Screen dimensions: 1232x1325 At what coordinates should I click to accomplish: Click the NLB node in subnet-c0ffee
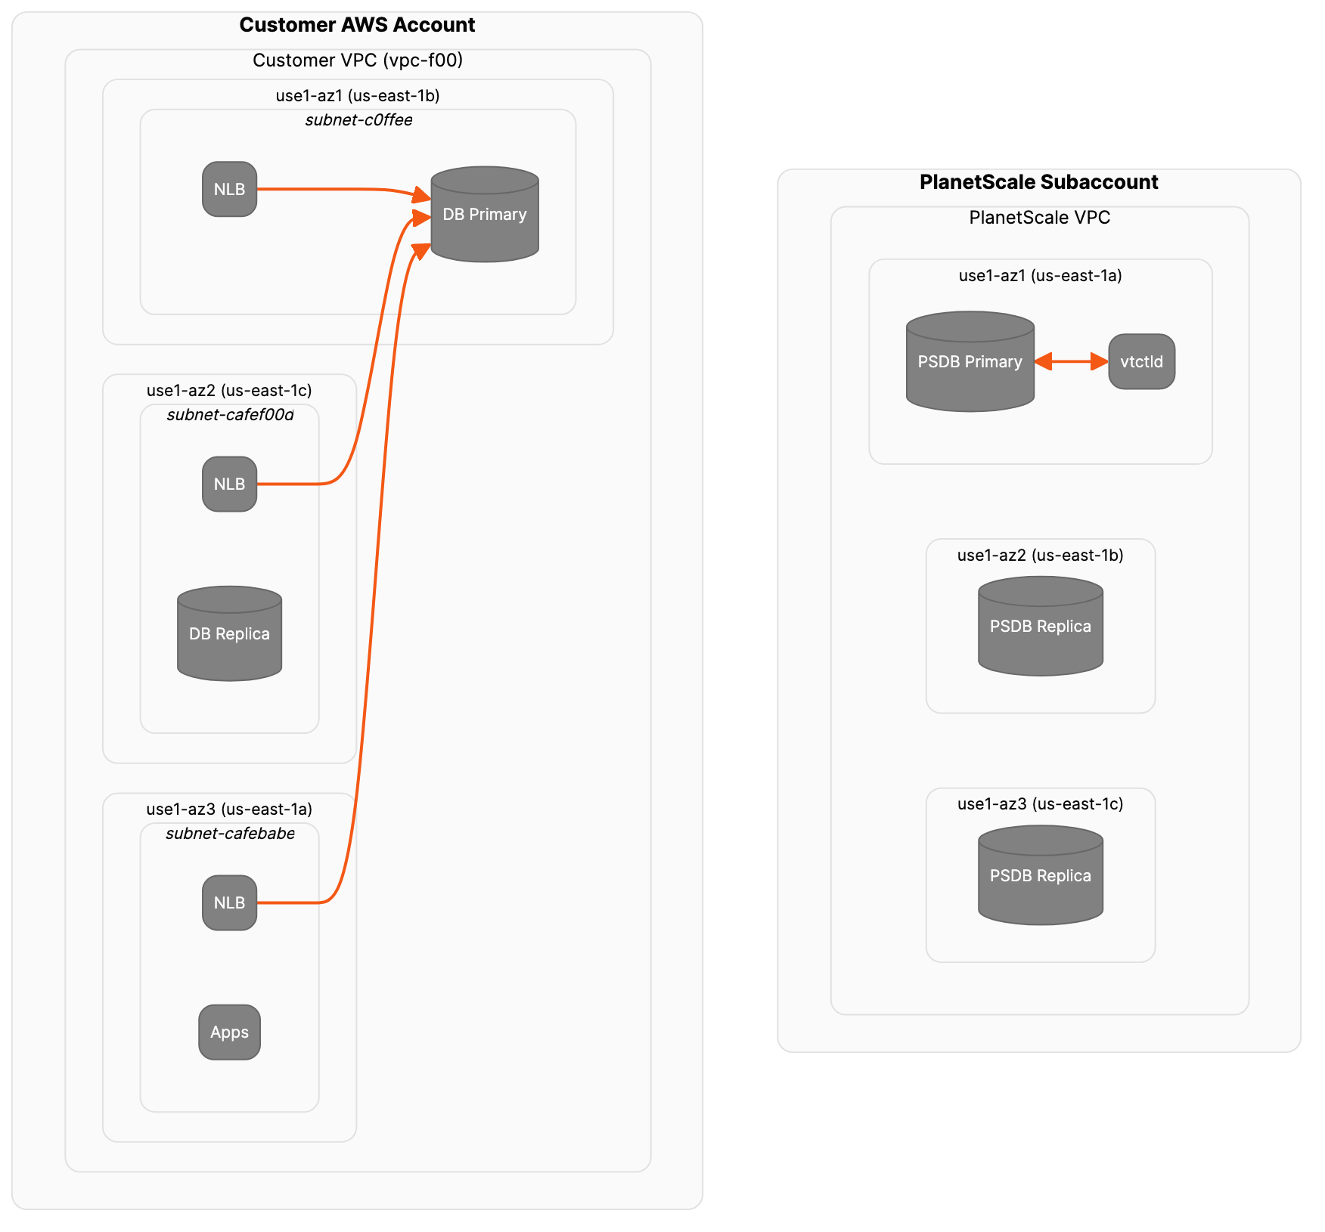[x=229, y=189]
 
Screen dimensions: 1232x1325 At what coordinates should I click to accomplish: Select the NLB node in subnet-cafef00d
[x=229, y=484]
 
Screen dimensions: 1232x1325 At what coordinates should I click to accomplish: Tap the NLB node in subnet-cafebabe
[x=229, y=902]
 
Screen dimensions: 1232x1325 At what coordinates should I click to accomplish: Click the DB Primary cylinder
[x=485, y=215]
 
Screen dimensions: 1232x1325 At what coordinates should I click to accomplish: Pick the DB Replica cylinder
[x=229, y=633]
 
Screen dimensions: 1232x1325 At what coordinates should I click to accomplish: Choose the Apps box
[x=229, y=1032]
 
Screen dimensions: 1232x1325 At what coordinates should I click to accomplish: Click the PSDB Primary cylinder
[x=970, y=362]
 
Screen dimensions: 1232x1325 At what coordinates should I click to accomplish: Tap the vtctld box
[x=1141, y=361]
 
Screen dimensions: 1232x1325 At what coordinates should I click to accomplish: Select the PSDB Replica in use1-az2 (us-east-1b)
[x=1040, y=626]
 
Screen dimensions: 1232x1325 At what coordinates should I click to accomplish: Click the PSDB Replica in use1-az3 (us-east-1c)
[x=1040, y=875]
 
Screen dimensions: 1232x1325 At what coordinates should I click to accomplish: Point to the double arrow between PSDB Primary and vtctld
[x=1071, y=361]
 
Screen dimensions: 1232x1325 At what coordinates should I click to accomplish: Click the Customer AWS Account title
[x=357, y=25]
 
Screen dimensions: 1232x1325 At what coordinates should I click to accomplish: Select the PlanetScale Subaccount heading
[x=1038, y=182]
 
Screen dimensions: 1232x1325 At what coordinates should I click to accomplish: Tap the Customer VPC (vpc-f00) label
[x=357, y=60]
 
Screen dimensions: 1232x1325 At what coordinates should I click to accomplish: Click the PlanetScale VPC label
[x=1039, y=218]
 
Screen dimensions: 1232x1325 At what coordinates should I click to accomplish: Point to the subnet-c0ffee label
[x=358, y=120]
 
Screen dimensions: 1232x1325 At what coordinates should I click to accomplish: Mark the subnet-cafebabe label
[x=230, y=834]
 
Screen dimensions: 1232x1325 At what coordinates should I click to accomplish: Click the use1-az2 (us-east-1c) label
[x=229, y=391]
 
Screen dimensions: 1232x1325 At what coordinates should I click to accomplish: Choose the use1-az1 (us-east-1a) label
[x=1040, y=276]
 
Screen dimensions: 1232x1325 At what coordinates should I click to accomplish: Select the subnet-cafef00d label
[x=230, y=415]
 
